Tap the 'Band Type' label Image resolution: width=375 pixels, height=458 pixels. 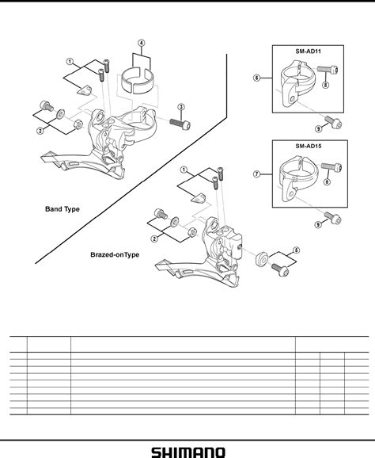coord(62,210)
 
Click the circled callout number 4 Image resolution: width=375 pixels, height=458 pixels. coord(141,43)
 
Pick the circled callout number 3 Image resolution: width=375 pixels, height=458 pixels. coord(181,107)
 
